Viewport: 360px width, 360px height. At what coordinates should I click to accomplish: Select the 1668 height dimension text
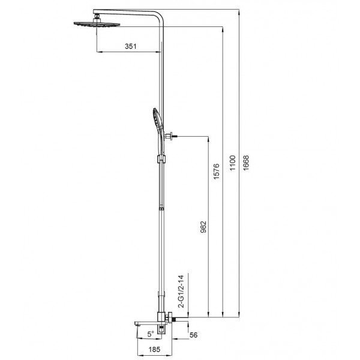tap(245, 163)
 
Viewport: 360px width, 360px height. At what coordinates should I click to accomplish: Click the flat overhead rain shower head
tap(95, 25)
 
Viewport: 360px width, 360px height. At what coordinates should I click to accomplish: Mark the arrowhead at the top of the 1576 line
tap(223, 28)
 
